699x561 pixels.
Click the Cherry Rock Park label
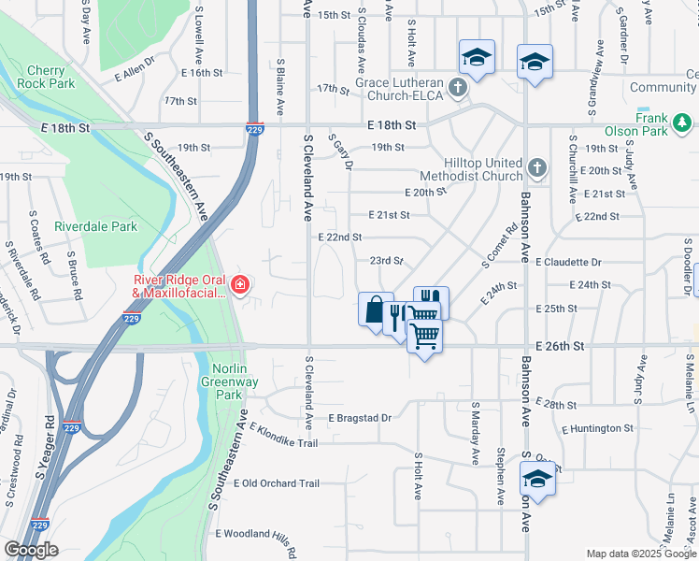(x=46, y=77)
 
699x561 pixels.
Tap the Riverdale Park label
(x=95, y=226)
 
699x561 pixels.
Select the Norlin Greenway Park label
(x=222, y=381)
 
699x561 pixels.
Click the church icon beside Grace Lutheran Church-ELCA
(x=457, y=89)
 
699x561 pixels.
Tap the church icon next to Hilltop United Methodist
(x=537, y=168)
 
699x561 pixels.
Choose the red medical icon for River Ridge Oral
(x=241, y=284)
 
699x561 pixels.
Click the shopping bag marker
(x=374, y=308)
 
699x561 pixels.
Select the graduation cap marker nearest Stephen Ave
(x=537, y=479)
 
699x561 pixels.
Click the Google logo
(x=31, y=550)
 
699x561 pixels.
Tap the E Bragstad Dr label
(x=360, y=417)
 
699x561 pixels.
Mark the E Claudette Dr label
(x=568, y=263)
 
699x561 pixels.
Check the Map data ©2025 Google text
(x=639, y=554)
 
